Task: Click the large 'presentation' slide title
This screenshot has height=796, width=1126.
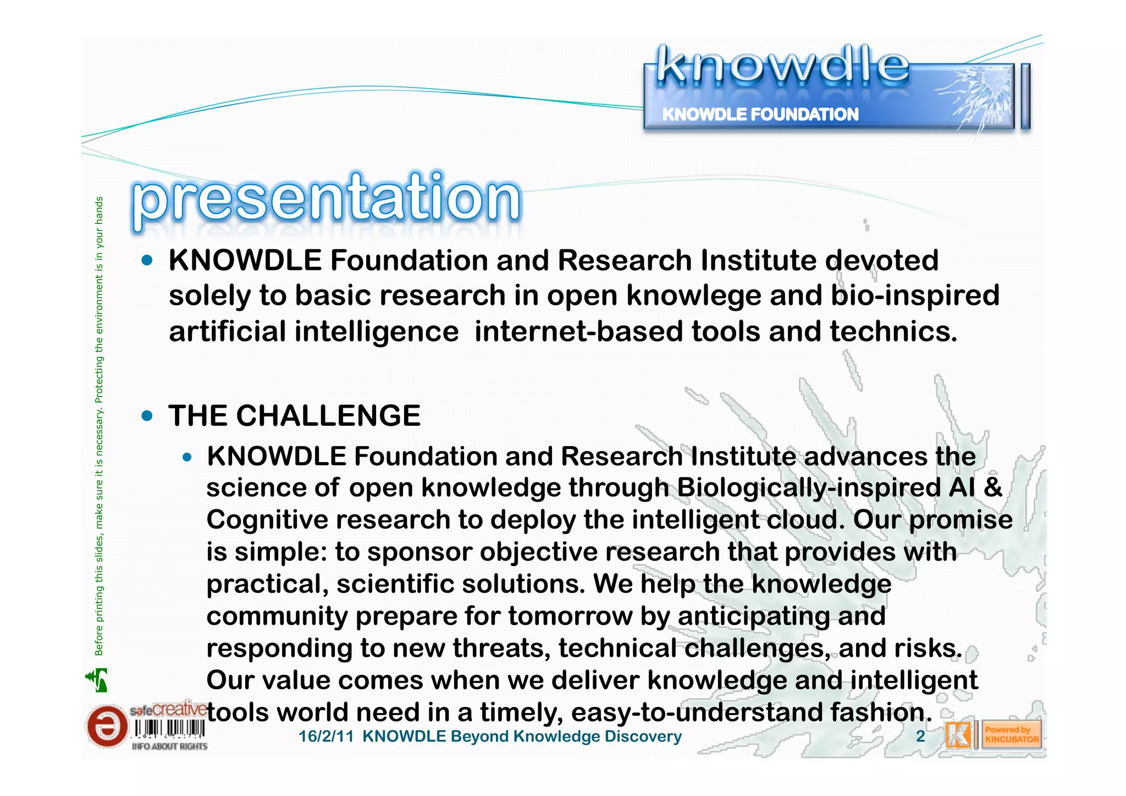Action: pyautogui.click(x=325, y=199)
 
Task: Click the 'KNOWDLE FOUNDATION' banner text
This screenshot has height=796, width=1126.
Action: pyautogui.click(x=760, y=114)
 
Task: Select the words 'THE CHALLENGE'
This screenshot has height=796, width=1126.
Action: pyautogui.click(x=295, y=416)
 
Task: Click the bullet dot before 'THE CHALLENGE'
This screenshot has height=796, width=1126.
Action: pyautogui.click(x=147, y=416)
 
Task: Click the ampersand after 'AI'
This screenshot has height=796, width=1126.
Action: pyautogui.click(x=993, y=488)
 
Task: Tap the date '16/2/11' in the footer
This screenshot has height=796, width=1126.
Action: pyautogui.click(x=325, y=737)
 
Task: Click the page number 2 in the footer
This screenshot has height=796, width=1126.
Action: pyautogui.click(x=920, y=737)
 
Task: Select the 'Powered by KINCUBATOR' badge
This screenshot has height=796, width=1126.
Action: pyautogui.click(x=1011, y=735)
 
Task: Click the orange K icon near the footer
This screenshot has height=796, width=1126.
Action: pyautogui.click(x=958, y=735)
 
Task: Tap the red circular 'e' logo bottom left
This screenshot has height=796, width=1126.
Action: pyautogui.click(x=106, y=727)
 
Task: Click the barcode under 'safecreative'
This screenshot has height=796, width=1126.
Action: pyautogui.click(x=170, y=729)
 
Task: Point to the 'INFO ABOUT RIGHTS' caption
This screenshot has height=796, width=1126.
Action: pyautogui.click(x=170, y=746)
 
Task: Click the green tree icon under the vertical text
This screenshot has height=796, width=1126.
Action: pyautogui.click(x=97, y=680)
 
